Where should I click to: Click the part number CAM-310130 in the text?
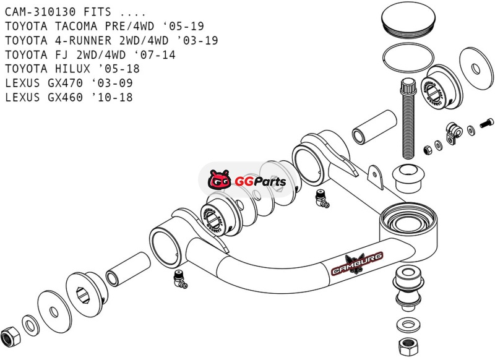click(40, 12)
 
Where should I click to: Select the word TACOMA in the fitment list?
click(76, 26)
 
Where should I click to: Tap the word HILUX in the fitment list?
click(72, 69)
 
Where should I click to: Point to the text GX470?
click(66, 83)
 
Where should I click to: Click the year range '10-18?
click(112, 97)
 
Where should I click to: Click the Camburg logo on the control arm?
click(357, 264)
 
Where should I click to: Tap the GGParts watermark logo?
click(247, 180)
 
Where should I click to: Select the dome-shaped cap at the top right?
click(408, 20)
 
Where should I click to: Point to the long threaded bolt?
click(408, 119)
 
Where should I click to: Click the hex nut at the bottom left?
click(10, 336)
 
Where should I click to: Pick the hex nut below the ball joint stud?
click(408, 346)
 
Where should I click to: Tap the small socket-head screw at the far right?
click(486, 122)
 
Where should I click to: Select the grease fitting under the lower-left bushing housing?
click(180, 279)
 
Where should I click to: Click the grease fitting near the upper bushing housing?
click(322, 199)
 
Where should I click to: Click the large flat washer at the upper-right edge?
click(476, 69)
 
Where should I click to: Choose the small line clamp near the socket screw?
click(454, 132)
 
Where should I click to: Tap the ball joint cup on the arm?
click(409, 224)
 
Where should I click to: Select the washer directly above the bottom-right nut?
click(408, 325)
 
